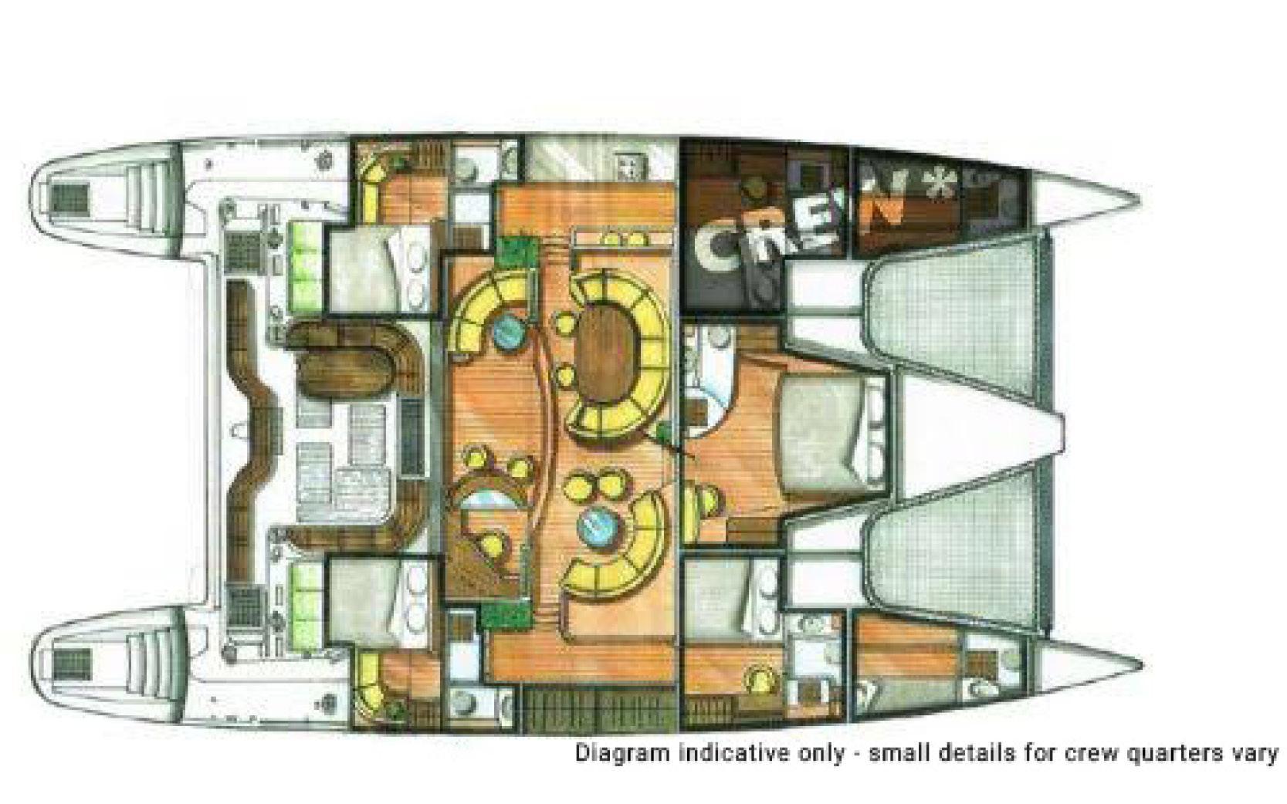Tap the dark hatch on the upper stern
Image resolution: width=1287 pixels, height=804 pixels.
click(70, 197)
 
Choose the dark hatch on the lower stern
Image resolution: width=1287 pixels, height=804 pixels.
click(71, 662)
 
